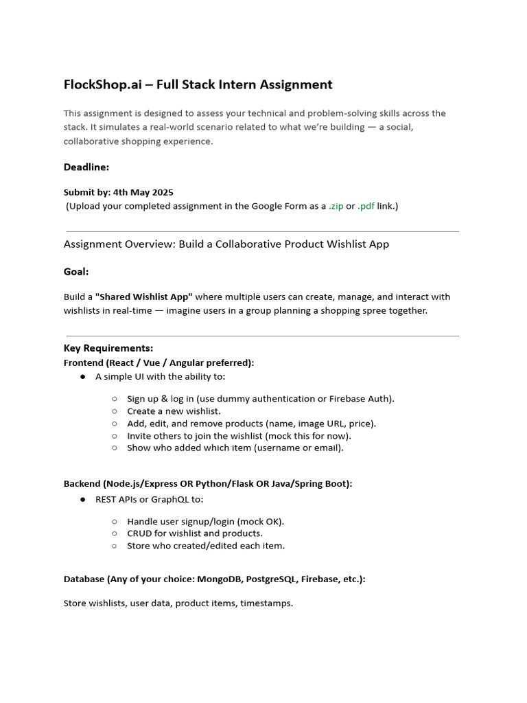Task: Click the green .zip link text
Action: click(336, 206)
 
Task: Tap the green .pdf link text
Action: click(366, 206)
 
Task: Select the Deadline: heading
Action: click(86, 167)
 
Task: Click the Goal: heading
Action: click(76, 272)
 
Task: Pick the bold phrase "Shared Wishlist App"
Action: click(144, 297)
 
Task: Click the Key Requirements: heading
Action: click(108, 348)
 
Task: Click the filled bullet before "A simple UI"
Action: click(83, 377)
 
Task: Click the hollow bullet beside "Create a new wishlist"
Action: click(115, 411)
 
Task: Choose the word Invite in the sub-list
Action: click(139, 435)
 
